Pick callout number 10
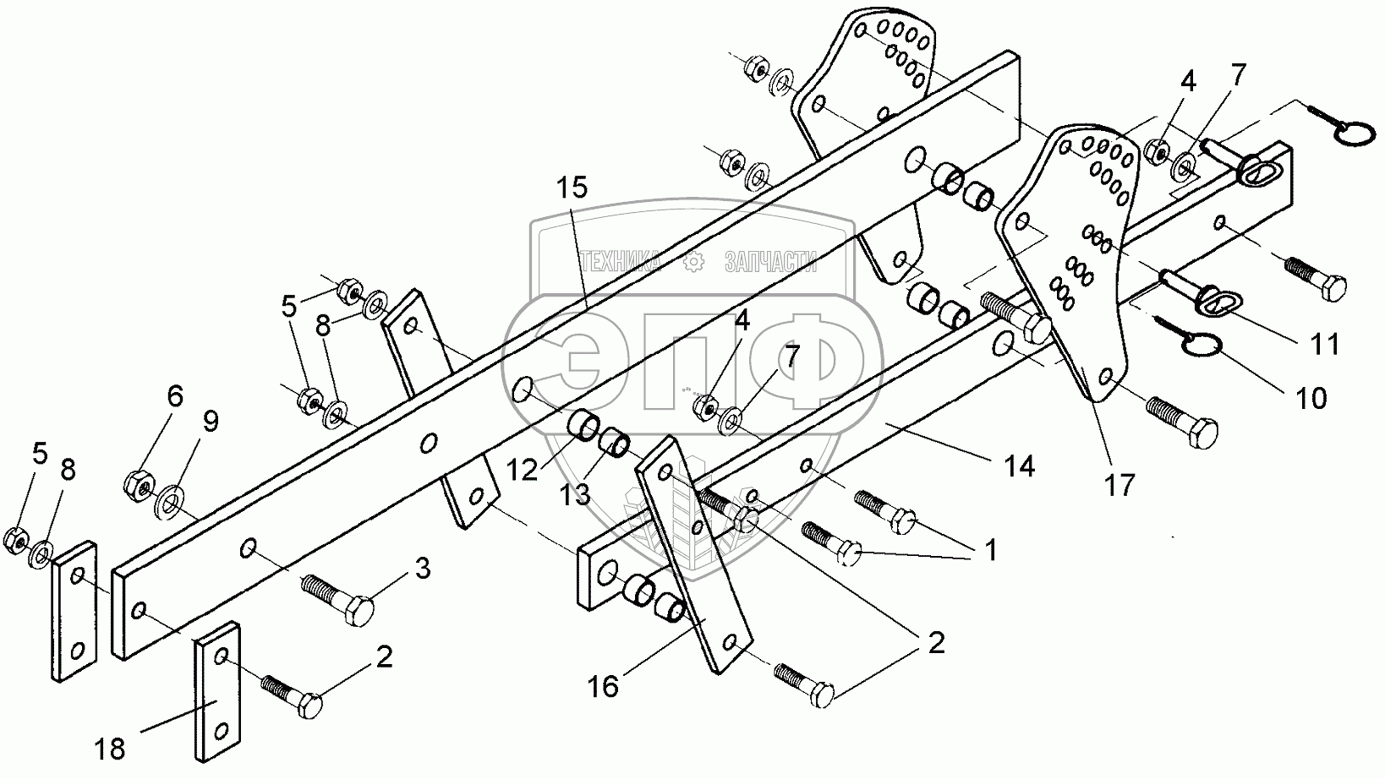[1311, 397]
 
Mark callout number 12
[523, 470]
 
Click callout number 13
[576, 493]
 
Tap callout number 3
[421, 569]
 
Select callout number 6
[173, 396]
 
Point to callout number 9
[209, 421]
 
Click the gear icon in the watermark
[693, 263]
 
